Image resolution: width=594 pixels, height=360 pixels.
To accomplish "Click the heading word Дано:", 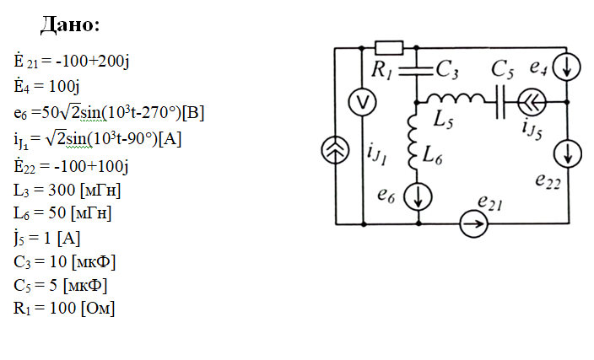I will point(70,24).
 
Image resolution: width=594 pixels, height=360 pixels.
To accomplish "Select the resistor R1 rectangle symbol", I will point(388,48).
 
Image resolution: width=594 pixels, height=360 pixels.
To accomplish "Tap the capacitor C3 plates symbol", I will point(418,66).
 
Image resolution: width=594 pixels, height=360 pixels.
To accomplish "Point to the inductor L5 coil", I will point(456,100).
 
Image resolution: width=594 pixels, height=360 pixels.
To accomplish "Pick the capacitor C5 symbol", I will point(503,100).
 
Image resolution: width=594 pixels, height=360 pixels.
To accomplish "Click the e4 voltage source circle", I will point(566,68).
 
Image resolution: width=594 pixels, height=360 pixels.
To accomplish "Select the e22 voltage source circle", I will point(566,153).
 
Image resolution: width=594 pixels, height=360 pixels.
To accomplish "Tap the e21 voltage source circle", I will point(474,224).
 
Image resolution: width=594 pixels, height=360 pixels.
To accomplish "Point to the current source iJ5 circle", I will point(532,101).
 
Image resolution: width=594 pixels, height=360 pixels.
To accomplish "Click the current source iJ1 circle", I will point(335,152).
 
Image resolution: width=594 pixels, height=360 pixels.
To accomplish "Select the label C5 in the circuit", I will point(502,70).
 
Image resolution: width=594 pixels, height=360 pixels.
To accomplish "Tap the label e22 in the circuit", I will point(548,181).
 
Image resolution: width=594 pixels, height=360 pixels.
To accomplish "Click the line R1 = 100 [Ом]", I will point(64,308).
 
